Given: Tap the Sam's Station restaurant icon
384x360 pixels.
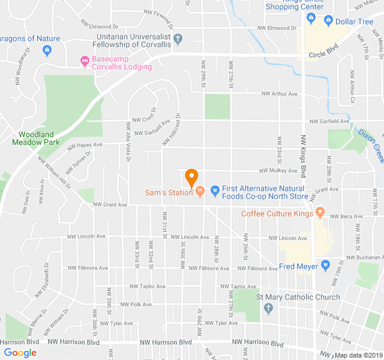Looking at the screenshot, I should (200, 192).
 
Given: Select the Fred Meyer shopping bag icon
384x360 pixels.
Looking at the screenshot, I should (326, 265).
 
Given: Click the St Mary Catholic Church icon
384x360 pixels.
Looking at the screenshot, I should (268, 308).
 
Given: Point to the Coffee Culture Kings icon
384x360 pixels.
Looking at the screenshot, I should (320, 213).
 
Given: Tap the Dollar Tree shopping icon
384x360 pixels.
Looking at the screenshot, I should (328, 22).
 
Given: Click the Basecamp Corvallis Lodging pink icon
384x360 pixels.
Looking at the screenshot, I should (85, 60).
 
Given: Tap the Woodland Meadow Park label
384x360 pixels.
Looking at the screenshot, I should (35, 139).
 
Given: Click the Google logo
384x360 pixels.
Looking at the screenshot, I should (20, 353).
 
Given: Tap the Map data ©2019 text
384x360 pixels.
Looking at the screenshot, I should (358, 355).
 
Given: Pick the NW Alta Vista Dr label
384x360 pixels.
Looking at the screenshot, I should (128, 142).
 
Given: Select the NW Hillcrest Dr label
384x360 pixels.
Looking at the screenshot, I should (171, 130).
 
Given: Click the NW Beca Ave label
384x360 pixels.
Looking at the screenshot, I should (344, 216).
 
